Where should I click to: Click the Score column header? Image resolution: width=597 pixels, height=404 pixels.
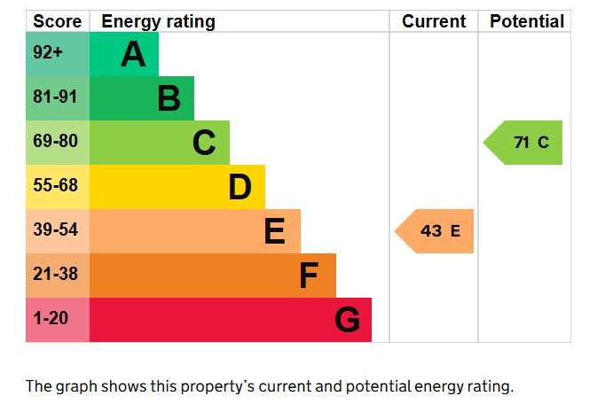(x=57, y=21)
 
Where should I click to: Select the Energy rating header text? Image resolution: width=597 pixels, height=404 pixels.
(x=159, y=22)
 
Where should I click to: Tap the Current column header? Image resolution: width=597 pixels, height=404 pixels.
(x=434, y=21)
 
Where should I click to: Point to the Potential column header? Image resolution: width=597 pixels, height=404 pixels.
(x=527, y=21)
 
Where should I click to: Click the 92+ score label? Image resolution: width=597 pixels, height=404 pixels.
(x=48, y=52)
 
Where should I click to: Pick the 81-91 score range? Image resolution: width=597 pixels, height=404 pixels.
(x=55, y=97)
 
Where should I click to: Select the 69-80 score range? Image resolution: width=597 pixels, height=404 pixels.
(x=55, y=141)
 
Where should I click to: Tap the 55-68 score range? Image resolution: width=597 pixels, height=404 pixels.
(x=55, y=185)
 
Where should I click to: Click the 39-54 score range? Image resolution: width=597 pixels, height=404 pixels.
(x=55, y=229)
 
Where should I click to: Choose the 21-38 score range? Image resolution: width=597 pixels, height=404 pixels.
(x=55, y=274)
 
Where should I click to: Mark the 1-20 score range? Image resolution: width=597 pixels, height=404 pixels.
(x=51, y=318)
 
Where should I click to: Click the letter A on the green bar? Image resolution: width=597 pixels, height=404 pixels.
(x=133, y=54)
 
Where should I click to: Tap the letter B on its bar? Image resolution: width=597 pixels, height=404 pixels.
(x=169, y=98)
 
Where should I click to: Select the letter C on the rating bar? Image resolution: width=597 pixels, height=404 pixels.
(x=204, y=143)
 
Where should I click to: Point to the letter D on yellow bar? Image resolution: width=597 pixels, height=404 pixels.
(x=240, y=187)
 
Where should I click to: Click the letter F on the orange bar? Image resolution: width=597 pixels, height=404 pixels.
(x=309, y=276)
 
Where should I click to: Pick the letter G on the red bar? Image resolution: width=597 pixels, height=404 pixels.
(x=347, y=320)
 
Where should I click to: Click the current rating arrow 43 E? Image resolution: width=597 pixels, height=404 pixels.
(x=434, y=231)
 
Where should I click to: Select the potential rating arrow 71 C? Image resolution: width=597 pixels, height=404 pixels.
(x=522, y=143)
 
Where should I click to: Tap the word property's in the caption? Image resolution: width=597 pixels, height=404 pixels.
(x=202, y=387)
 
